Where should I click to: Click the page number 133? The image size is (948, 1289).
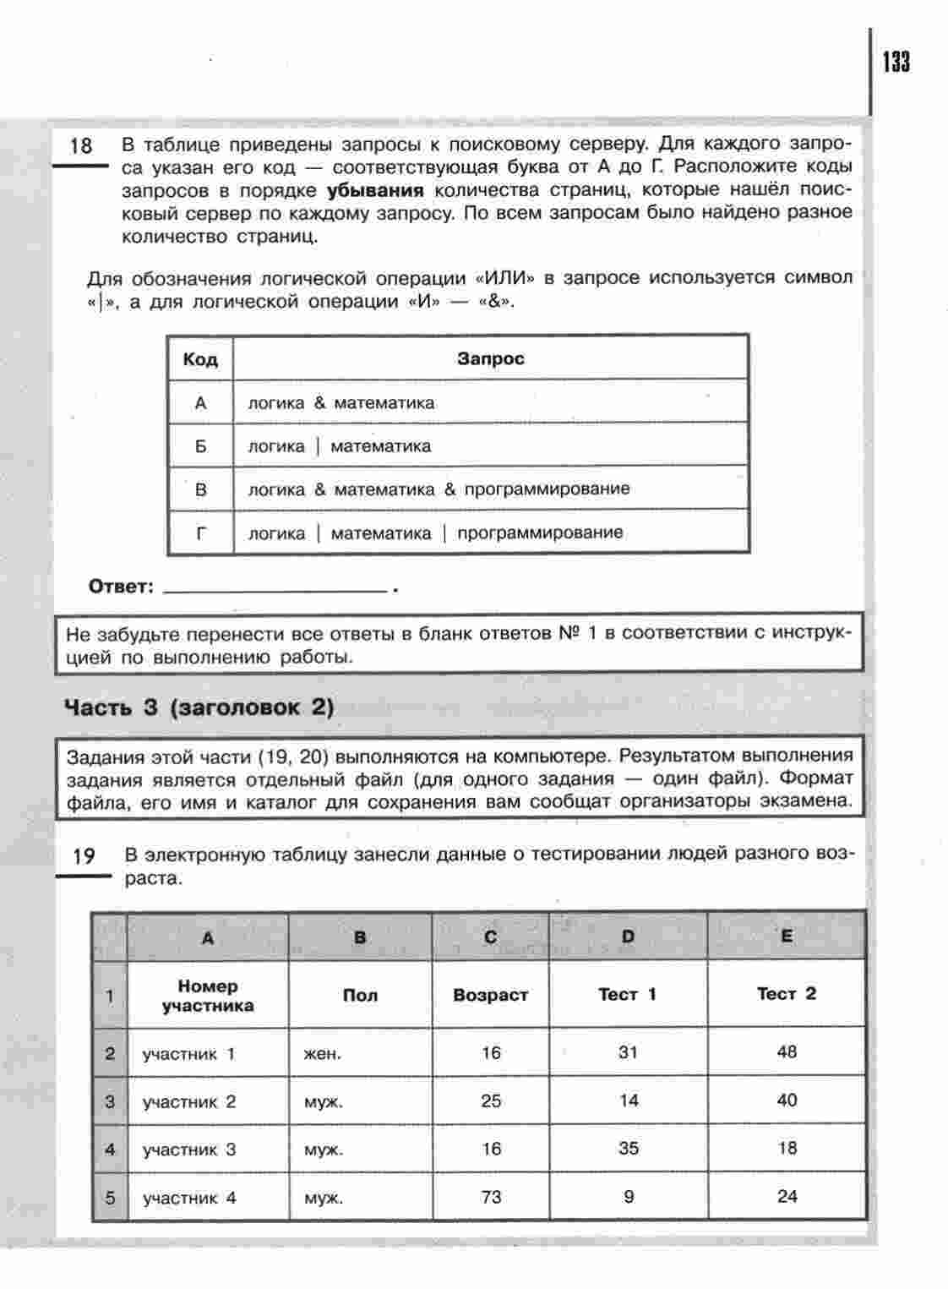(896, 63)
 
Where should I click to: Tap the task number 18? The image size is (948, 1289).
(80, 145)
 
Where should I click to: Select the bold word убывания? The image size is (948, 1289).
(374, 189)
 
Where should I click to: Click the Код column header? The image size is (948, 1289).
(200, 359)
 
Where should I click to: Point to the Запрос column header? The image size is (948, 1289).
(491, 358)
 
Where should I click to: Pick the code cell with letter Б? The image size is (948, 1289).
(200, 445)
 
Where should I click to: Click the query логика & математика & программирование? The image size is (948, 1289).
(439, 489)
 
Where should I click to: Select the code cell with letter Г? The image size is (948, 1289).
(200, 533)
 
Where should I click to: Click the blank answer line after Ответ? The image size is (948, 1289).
(274, 587)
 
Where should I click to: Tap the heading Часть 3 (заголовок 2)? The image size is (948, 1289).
(199, 707)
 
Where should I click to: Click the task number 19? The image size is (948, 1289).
(84, 856)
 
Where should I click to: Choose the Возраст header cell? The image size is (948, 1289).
(490, 995)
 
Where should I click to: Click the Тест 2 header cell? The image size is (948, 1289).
(786, 994)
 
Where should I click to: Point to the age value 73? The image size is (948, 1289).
(491, 1197)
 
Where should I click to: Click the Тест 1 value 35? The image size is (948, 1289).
(628, 1149)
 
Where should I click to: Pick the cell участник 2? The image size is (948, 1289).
(189, 1101)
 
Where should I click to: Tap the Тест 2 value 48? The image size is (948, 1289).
(787, 1052)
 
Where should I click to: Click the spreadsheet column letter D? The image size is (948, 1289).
(628, 936)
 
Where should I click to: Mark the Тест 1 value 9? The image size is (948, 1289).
(628, 1197)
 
